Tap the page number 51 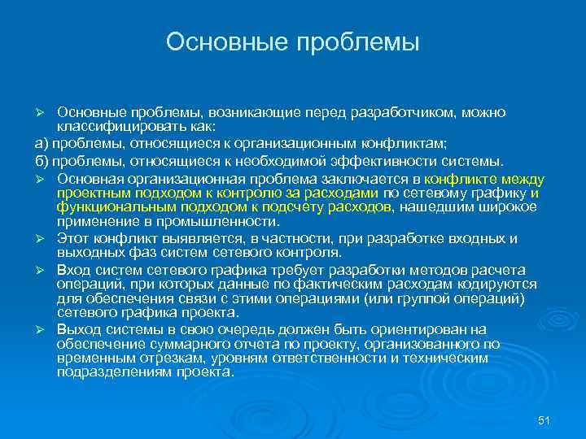coord(544,419)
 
